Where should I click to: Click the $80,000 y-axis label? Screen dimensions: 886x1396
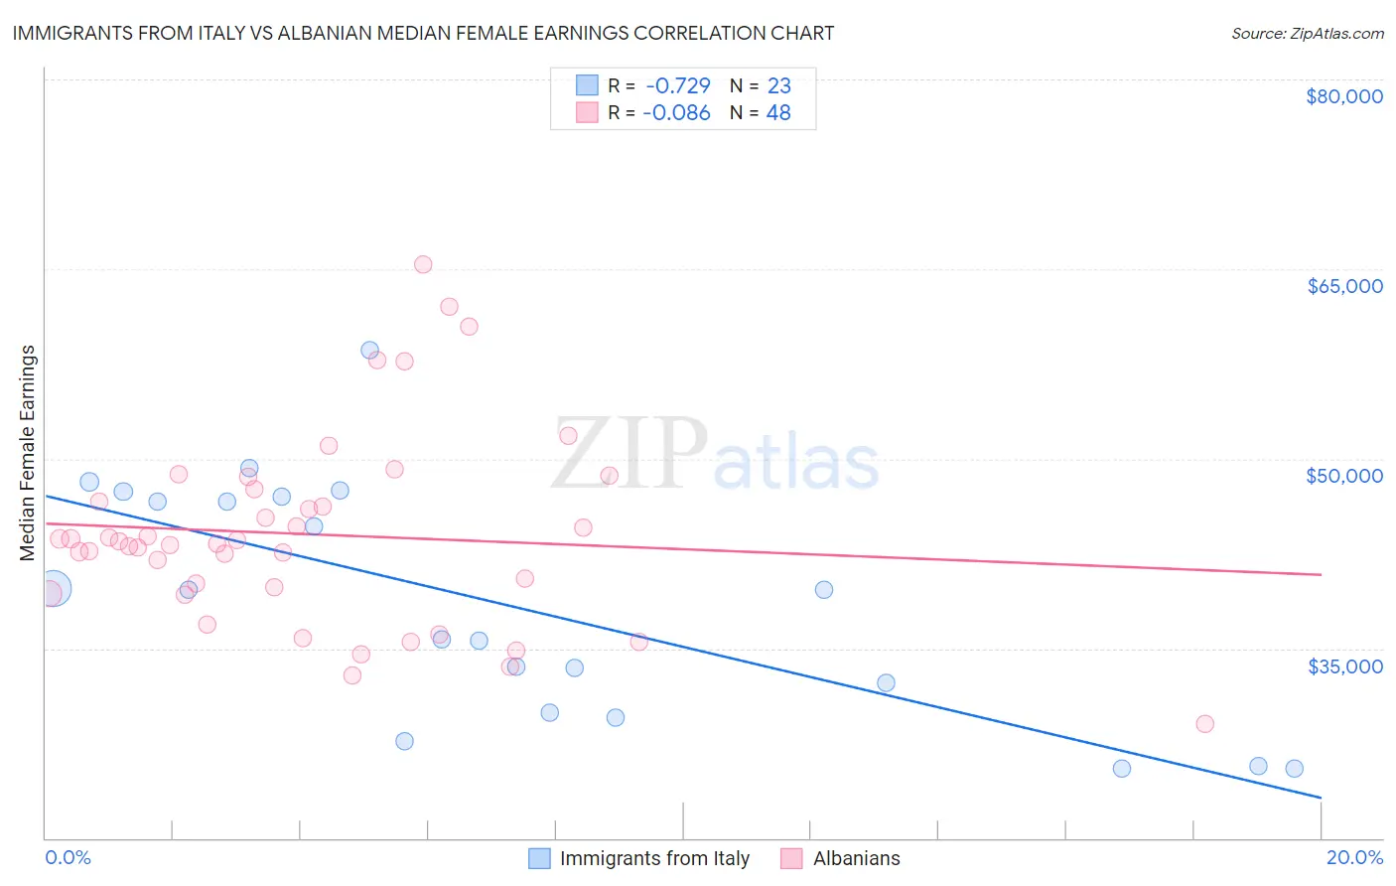tap(1344, 96)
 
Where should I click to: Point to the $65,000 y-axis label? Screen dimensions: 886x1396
tap(1344, 286)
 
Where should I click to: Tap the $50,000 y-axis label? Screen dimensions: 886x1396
tap(1344, 476)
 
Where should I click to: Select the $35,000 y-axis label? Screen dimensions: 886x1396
tap(1344, 665)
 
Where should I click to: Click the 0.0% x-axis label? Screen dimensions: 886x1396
tap(68, 857)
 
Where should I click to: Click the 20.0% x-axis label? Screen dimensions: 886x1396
tap(1354, 857)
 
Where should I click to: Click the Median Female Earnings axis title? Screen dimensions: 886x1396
tap(28, 453)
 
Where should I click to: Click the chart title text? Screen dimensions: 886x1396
tap(423, 33)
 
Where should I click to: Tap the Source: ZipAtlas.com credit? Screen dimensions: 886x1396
tap(1307, 33)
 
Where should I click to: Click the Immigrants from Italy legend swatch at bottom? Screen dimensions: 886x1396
tap(539, 858)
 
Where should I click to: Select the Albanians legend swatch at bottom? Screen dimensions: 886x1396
tap(791, 858)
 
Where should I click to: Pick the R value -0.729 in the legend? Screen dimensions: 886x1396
tap(678, 86)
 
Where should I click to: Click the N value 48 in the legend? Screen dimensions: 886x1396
tap(778, 113)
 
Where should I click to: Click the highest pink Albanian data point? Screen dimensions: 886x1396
tap(423, 264)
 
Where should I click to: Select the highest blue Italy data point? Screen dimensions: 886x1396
tap(369, 350)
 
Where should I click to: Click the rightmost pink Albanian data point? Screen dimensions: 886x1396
tap(1204, 723)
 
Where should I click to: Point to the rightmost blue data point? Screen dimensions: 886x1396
tap(1294, 768)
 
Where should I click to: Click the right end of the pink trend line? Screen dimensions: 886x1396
tap(1321, 574)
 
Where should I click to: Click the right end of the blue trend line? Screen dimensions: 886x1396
tap(1321, 797)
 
